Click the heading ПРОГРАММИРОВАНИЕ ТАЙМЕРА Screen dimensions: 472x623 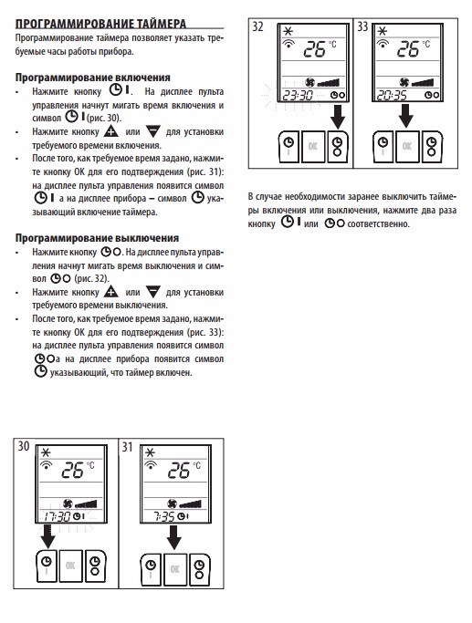click(100, 24)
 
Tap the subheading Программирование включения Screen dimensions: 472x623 click(92, 78)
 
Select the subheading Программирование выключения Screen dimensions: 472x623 click(97, 238)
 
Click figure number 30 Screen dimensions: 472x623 click(24, 446)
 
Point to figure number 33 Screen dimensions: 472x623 click(362, 26)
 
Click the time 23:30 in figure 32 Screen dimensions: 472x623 click(298, 96)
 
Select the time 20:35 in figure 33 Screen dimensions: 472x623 click(392, 96)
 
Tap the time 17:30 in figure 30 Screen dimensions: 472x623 click(57, 516)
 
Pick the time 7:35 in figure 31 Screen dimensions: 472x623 click(164, 516)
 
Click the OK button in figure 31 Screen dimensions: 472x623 click(174, 569)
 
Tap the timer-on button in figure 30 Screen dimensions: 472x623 click(47, 566)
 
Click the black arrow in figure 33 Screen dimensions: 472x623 click(406, 116)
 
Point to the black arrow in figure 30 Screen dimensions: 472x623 click(48, 536)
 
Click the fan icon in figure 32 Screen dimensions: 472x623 click(309, 82)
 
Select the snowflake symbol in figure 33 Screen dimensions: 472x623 click(383, 31)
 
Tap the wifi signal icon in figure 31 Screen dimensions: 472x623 click(151, 465)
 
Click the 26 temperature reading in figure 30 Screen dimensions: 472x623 click(72, 471)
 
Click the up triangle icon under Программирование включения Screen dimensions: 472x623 click(111, 131)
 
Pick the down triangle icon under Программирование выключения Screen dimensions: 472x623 click(153, 292)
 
